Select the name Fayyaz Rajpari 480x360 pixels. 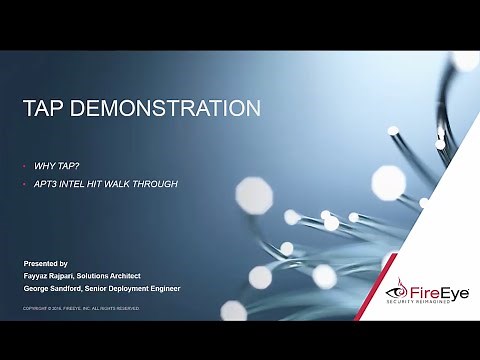[53, 274]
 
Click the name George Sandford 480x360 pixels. [57, 286]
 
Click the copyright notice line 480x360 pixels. [82, 309]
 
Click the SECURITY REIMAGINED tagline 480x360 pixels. [433, 303]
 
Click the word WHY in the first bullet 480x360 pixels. [44, 161]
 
